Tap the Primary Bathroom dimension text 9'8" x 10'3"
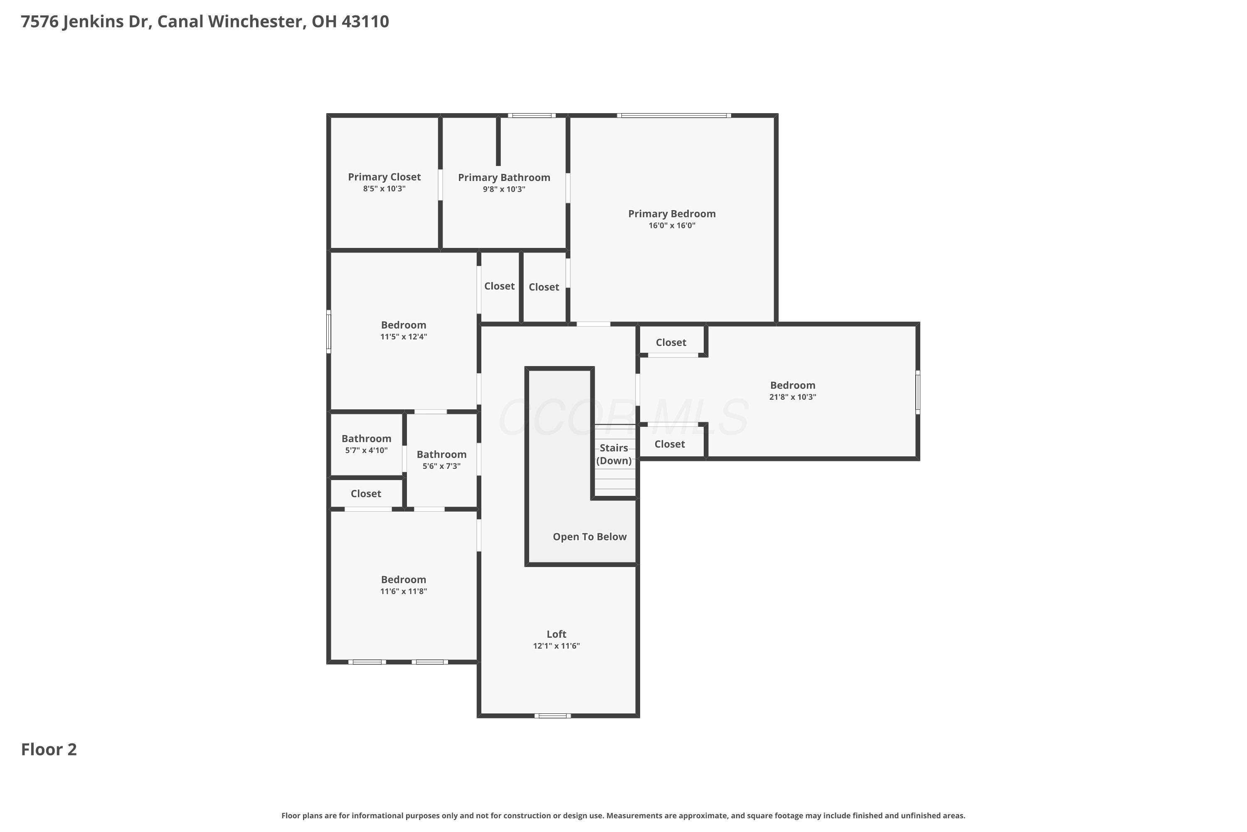tap(504, 189)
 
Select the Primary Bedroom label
tap(672, 214)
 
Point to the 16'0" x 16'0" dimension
tap(672, 225)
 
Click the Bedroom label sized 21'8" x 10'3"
tap(793, 385)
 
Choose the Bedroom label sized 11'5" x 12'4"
tap(404, 325)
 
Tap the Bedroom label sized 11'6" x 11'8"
tap(404, 579)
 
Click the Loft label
tap(556, 634)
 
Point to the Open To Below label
tap(589, 537)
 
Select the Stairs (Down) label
tap(614, 454)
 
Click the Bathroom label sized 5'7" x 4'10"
tap(366, 438)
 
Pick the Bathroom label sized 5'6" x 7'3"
tap(441, 454)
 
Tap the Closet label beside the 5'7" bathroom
tap(366, 493)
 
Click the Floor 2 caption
tap(49, 749)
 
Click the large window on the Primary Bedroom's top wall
tap(674, 115)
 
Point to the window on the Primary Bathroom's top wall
tap(532, 115)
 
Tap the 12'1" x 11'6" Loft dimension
tap(556, 646)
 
